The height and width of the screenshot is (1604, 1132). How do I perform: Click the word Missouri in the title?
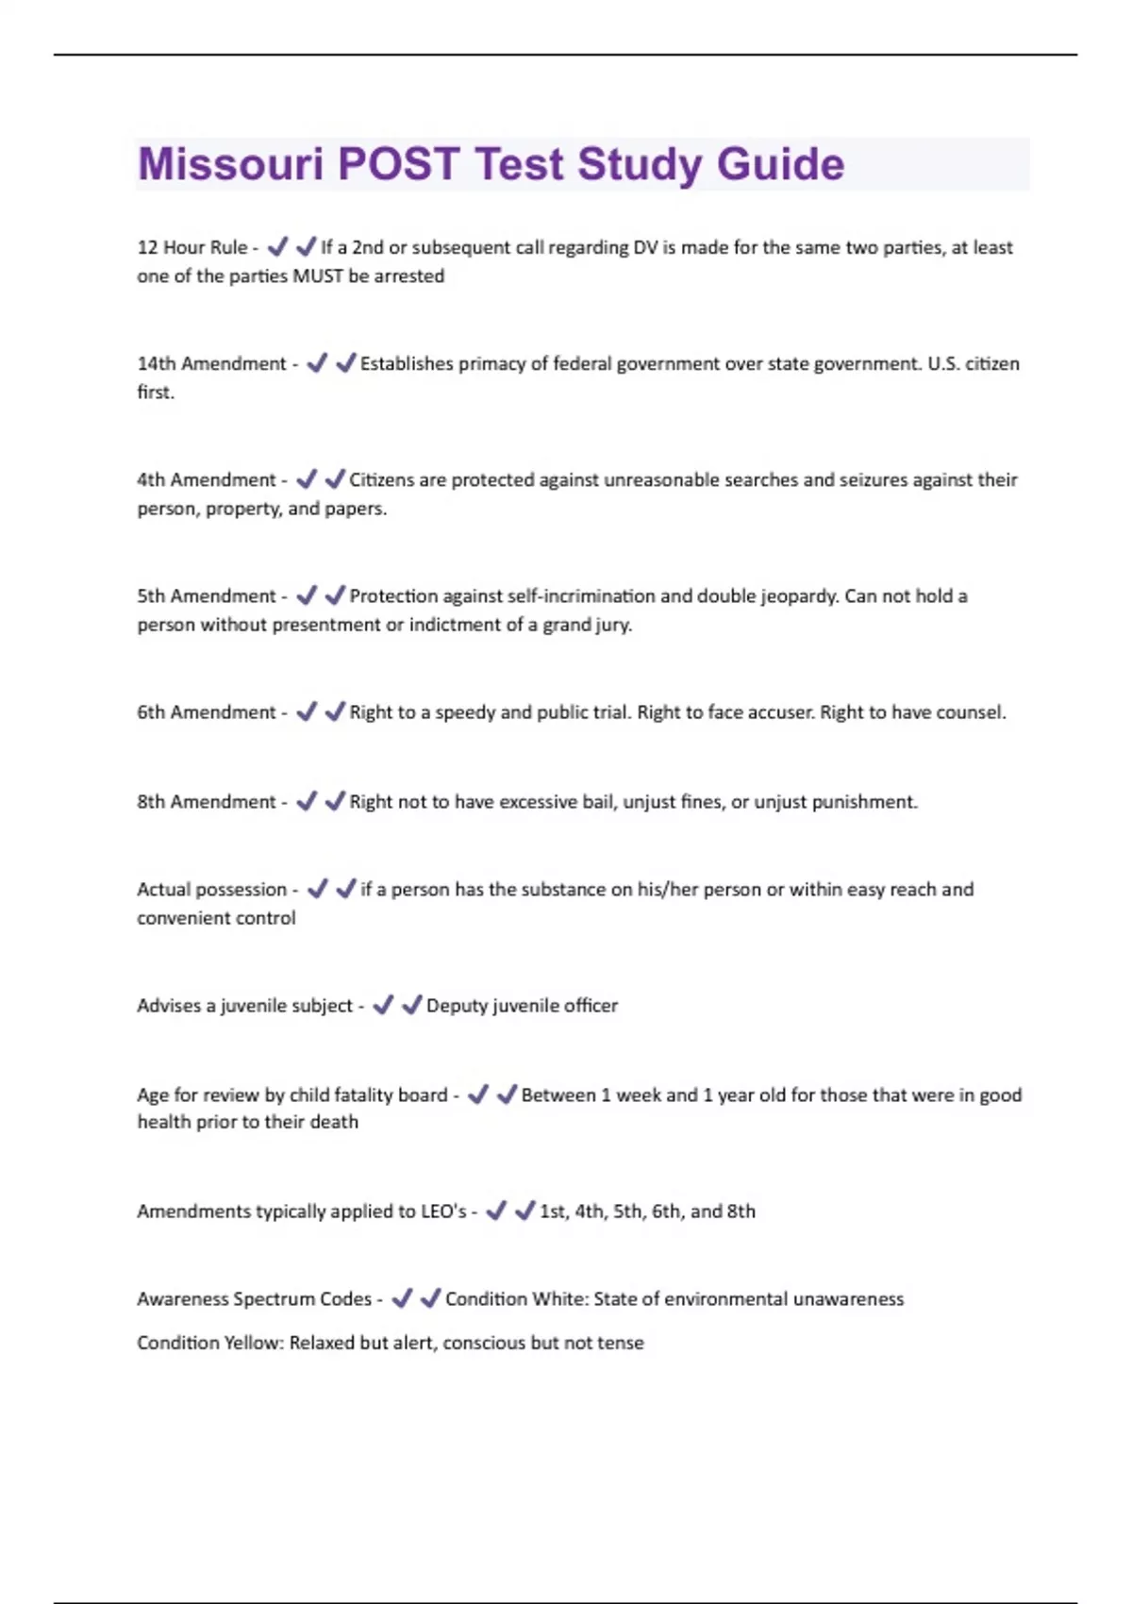coord(230,164)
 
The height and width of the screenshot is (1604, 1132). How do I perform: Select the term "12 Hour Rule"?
coord(191,247)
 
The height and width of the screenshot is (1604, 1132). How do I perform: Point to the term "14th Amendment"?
coord(211,364)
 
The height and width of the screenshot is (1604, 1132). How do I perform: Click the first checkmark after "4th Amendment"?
coord(307,480)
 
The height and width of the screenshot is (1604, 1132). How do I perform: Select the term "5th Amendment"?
coord(207,596)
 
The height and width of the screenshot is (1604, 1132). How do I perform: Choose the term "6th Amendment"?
coord(207,712)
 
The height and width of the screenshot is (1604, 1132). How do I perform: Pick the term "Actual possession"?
coord(211,890)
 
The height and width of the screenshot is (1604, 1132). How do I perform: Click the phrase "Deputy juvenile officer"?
coord(522,1006)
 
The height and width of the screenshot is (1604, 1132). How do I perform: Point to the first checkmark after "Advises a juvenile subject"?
coord(383,1006)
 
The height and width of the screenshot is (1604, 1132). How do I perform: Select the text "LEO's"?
coord(443,1211)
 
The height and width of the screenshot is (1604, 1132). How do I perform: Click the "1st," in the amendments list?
coord(554,1211)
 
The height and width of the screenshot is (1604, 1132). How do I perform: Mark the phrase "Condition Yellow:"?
coord(209,1343)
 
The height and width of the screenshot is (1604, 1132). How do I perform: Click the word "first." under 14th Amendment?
coord(156,393)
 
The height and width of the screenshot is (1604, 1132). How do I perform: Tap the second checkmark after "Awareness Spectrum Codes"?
coord(431,1299)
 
